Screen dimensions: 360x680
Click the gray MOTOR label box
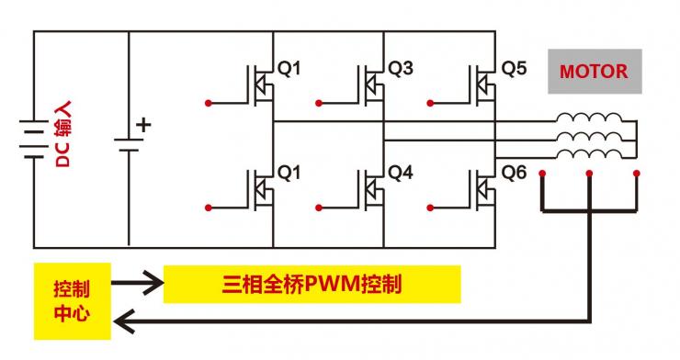tap(595, 72)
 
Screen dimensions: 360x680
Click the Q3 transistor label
tap(401, 69)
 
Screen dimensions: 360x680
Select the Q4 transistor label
tap(401, 172)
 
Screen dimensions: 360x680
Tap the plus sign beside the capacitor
tap(142, 125)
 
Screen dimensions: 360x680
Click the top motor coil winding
tap(586, 119)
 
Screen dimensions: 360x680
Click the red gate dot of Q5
tap(428, 103)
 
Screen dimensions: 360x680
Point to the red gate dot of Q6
tap(428, 207)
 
